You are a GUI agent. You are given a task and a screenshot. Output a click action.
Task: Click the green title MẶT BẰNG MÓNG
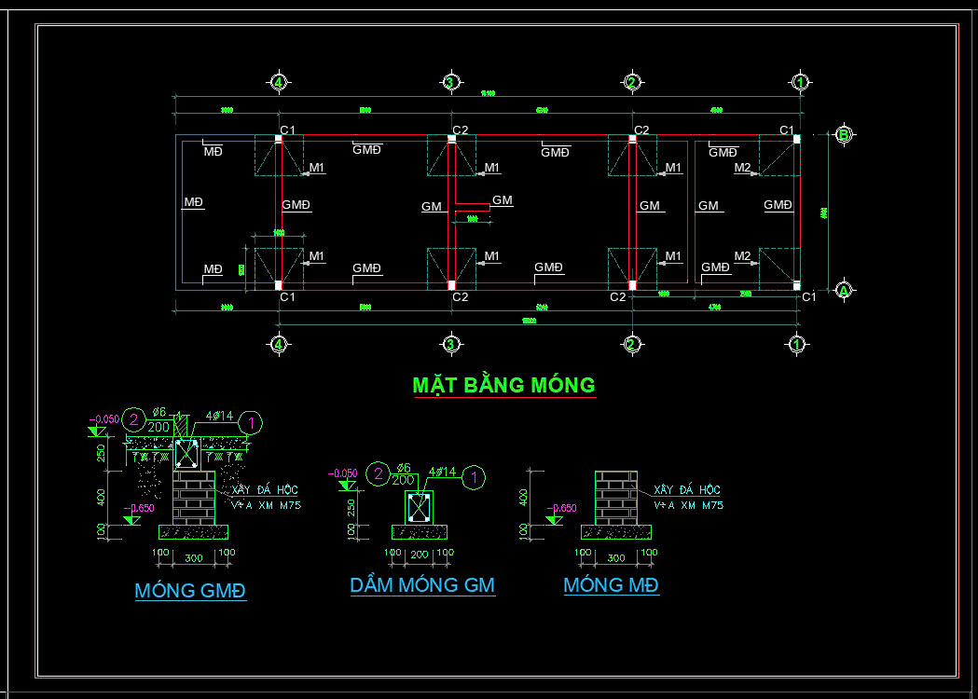503,385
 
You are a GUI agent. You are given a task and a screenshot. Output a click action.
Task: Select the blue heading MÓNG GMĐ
190,591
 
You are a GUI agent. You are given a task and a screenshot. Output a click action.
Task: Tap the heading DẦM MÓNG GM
422,585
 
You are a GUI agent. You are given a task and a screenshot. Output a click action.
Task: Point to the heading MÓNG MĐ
611,585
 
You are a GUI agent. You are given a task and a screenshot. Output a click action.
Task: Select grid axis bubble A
844,291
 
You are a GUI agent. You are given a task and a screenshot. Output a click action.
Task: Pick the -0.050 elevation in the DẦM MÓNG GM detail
342,473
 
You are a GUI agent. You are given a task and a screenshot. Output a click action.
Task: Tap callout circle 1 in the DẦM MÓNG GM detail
475,477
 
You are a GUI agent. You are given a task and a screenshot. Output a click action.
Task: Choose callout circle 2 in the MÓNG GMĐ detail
135,419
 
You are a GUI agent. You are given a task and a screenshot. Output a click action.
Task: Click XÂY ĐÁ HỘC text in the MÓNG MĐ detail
687,490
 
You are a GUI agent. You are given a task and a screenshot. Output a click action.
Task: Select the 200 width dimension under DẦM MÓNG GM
419,554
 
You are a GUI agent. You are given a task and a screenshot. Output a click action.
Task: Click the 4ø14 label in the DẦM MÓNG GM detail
441,473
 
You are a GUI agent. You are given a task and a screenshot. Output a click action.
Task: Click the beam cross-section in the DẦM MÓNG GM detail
419,507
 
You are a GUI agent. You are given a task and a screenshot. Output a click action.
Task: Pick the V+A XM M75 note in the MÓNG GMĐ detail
267,505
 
